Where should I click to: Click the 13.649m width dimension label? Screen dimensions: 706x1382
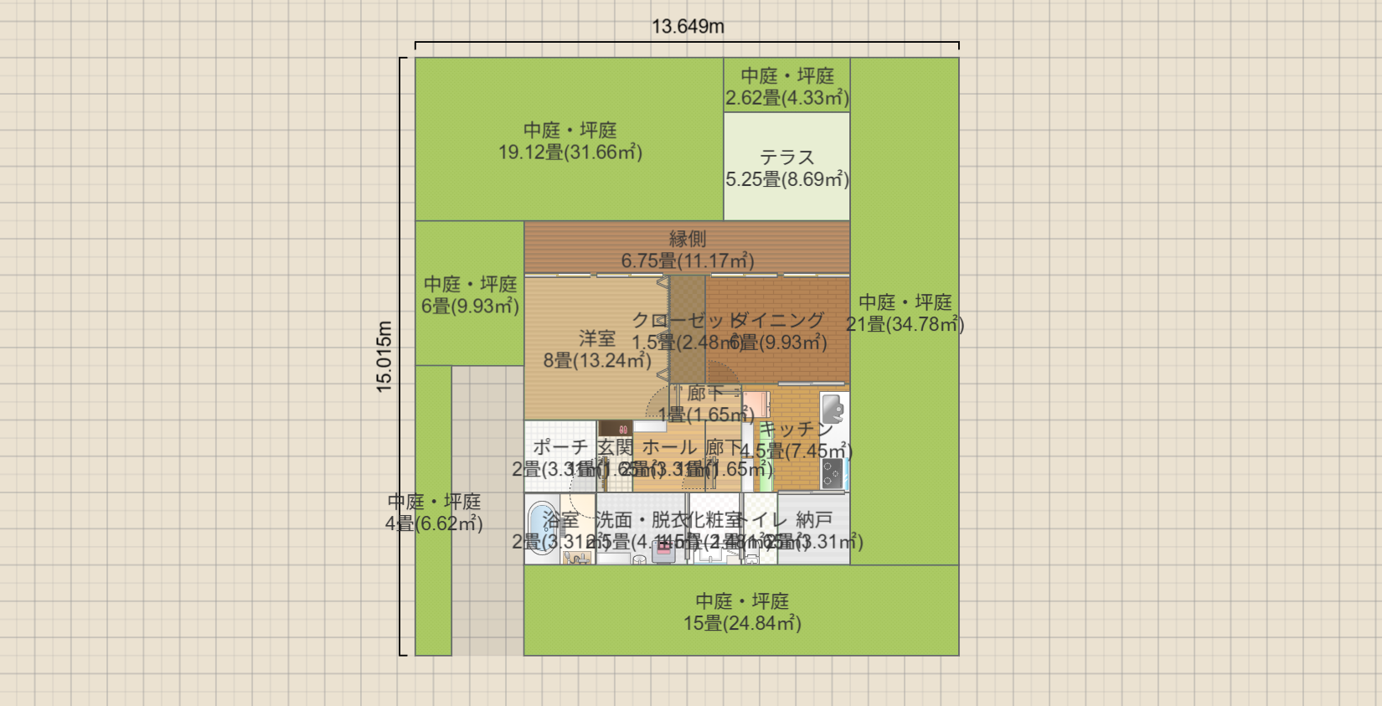[x=688, y=27]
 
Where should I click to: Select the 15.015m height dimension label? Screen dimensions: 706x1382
[x=384, y=357]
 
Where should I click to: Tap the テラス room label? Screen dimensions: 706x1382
[x=786, y=157]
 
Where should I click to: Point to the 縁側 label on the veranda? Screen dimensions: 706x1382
[x=687, y=240]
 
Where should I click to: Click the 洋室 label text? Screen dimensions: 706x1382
[x=596, y=338]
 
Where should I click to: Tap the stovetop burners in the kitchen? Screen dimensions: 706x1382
[x=832, y=473]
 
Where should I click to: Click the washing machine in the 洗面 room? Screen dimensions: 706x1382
[x=663, y=549]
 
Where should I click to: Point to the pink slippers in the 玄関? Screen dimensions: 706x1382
[x=623, y=430]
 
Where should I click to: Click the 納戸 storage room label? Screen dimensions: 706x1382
[x=814, y=520]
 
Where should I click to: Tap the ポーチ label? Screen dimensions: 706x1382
[x=560, y=448]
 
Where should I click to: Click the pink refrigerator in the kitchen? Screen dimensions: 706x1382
[x=756, y=404]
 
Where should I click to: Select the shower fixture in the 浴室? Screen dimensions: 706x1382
[x=577, y=557]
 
